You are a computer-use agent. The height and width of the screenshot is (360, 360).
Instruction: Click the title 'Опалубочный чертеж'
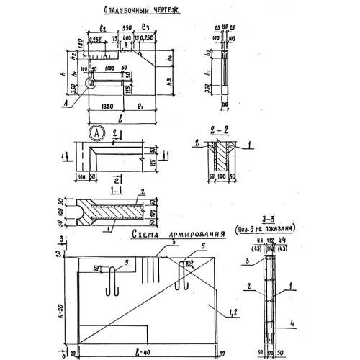(136, 12)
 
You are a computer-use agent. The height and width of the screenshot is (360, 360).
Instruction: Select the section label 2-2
(217, 134)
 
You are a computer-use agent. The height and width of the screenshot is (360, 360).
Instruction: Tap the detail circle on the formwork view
(91, 83)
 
